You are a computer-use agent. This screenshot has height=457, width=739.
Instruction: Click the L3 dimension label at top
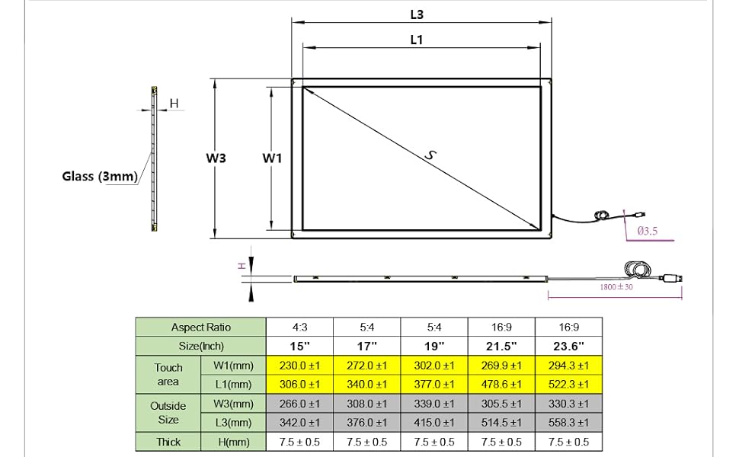(417, 14)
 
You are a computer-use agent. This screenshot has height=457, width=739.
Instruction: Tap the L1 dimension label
(417, 40)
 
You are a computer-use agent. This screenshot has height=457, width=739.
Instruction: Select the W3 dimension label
(216, 158)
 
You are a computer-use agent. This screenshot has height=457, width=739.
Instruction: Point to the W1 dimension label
(273, 158)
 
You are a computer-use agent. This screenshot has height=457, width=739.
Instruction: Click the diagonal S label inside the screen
(430, 155)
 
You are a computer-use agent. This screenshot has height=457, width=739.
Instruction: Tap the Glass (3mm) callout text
(100, 176)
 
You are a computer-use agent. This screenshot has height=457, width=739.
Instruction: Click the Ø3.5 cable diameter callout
(647, 231)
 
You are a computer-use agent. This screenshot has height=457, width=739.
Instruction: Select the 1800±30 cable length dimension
(616, 287)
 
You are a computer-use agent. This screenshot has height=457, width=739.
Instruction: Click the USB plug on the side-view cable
(672, 278)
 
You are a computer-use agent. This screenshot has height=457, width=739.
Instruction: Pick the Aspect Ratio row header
(201, 328)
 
